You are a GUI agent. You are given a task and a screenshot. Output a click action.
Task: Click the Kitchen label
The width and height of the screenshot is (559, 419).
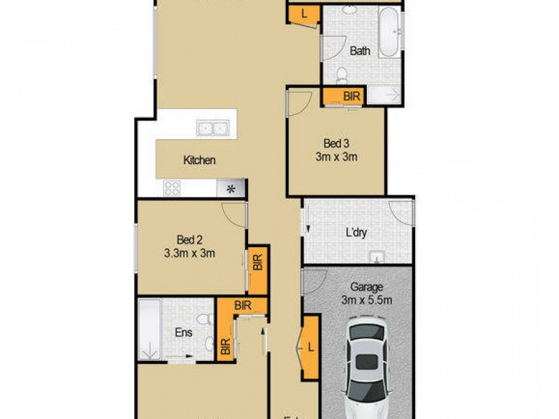click(199, 161)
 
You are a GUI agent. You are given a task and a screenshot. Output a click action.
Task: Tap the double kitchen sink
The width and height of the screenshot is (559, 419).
click(213, 128)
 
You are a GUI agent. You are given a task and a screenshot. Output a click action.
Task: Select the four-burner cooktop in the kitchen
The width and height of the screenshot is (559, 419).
click(172, 188)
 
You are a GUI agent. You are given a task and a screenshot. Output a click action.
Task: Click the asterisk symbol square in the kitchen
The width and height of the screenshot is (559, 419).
click(231, 187)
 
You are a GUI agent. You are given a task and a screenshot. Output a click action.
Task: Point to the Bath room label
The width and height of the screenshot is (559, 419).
click(360, 50)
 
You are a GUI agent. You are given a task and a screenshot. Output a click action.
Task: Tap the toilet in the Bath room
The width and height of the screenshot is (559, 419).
click(342, 75)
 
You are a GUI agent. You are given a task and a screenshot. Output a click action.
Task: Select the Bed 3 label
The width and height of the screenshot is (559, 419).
click(336, 144)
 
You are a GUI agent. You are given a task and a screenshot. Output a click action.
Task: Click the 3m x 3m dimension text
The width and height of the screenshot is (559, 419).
click(336, 157)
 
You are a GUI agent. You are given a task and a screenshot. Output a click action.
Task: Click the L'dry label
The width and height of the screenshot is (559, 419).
click(357, 233)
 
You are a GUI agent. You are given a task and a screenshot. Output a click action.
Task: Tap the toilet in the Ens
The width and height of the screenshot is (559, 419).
click(203, 320)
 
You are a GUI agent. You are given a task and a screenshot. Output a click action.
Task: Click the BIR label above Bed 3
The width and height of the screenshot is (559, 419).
click(351, 97)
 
